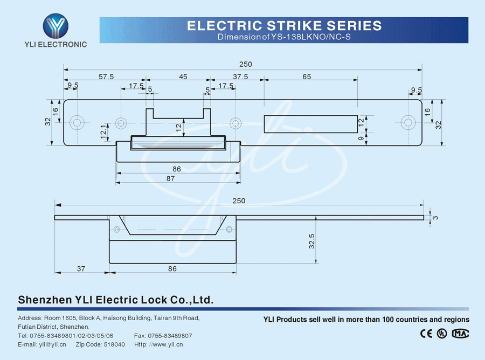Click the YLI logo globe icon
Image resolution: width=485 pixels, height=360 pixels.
[56, 25]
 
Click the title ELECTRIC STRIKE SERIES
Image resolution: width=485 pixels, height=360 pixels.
[284, 25]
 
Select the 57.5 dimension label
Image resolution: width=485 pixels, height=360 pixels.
[106, 77]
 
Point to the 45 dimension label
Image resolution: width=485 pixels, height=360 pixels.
[183, 77]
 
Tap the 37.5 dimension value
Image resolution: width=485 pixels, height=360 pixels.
[240, 77]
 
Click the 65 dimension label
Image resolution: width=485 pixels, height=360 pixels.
[307, 77]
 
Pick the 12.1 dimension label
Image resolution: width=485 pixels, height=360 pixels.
[103, 133]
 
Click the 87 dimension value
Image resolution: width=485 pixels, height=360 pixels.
[170, 179]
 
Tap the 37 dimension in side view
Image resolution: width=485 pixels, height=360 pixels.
[81, 268]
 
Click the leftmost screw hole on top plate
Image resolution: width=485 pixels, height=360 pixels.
[77, 123]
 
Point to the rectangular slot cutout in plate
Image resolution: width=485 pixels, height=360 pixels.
[310, 123]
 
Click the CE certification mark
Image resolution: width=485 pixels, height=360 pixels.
[426, 333]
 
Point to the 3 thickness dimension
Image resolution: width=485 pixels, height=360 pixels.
[435, 217]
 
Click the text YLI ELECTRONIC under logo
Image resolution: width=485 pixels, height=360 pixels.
[56, 44]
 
